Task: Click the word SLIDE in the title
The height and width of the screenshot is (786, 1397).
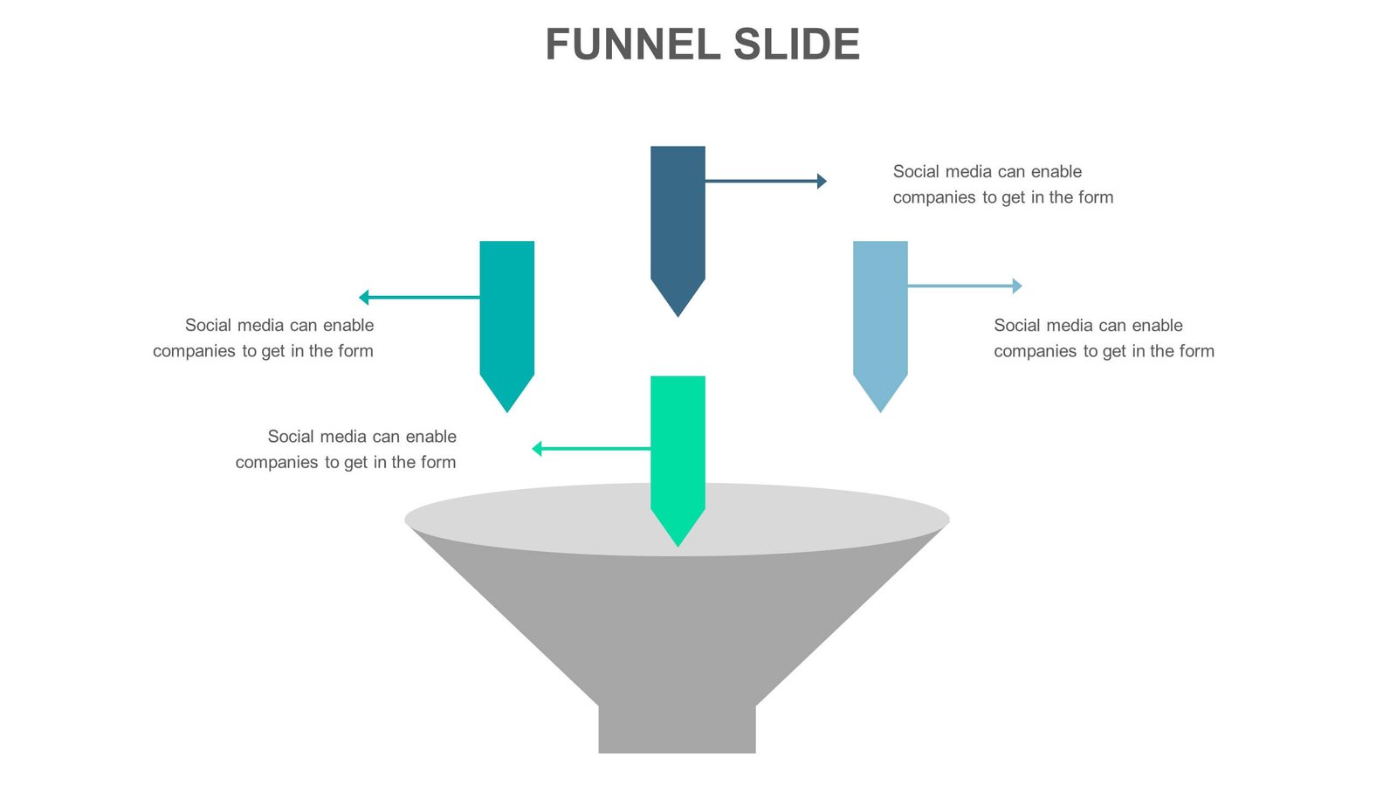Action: (x=796, y=45)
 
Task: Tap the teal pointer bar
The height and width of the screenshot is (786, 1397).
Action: (x=506, y=310)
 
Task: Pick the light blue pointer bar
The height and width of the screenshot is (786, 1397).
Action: (x=880, y=310)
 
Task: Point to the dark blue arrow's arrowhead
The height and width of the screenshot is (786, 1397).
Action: (x=822, y=181)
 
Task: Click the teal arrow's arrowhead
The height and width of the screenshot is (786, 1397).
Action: (x=364, y=298)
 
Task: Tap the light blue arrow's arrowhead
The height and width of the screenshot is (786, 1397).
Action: (x=1017, y=286)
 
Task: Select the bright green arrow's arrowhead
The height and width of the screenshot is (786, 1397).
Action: (x=537, y=449)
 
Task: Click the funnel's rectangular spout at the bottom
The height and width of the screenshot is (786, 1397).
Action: (x=677, y=729)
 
